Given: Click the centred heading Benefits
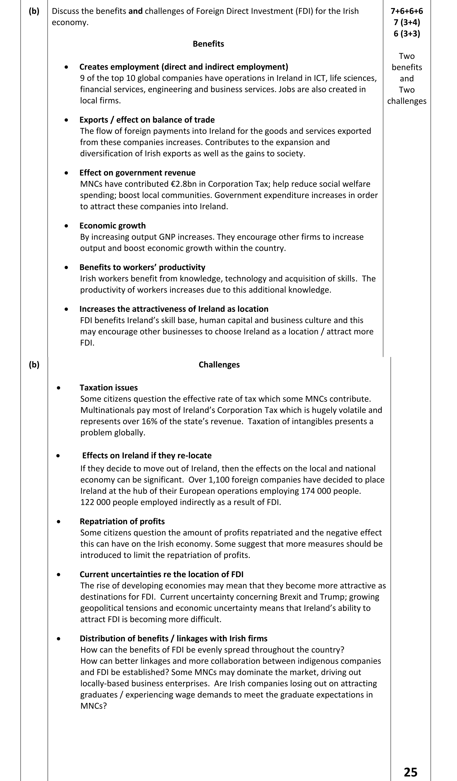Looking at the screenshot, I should point(208,44).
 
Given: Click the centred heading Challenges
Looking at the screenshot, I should point(219,365).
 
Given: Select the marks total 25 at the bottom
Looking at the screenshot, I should point(411,772).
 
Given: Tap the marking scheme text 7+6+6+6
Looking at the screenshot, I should point(407,11).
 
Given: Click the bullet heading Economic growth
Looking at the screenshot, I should point(112,226).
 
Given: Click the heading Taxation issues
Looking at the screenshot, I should point(109,388).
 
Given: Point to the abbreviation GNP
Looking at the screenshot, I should point(167,237).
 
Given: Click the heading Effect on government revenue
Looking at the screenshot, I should point(137,173).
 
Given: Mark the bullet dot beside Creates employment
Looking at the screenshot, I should point(66,67).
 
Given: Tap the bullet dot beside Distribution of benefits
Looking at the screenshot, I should point(59,639).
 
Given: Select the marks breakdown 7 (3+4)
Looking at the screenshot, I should point(407,22).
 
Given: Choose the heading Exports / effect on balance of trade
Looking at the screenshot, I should point(147,120).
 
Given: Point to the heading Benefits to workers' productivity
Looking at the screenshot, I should point(142,267).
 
